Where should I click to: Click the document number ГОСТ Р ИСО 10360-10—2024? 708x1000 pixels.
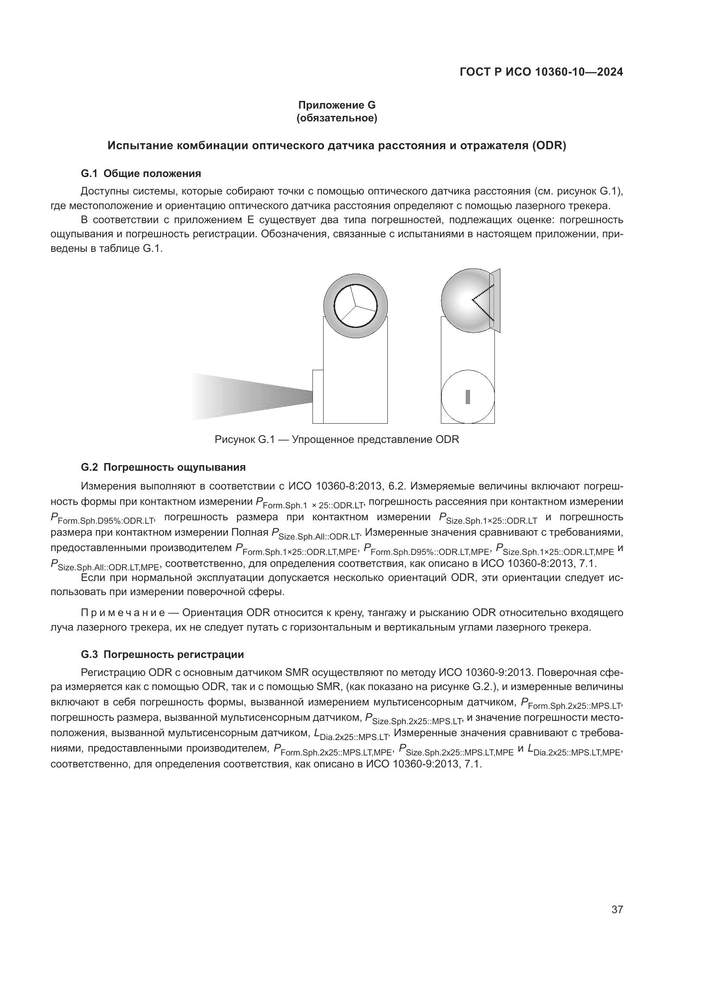(x=541, y=72)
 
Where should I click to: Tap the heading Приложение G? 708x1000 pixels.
(x=336, y=105)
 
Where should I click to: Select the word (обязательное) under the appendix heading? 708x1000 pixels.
(x=336, y=118)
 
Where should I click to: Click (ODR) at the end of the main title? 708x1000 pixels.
(x=548, y=146)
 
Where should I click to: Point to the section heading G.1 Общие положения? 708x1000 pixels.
(x=141, y=173)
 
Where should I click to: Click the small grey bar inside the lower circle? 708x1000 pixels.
(x=468, y=397)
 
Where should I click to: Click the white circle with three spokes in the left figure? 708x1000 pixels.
(x=356, y=306)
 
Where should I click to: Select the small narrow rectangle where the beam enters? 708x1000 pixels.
(x=318, y=396)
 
